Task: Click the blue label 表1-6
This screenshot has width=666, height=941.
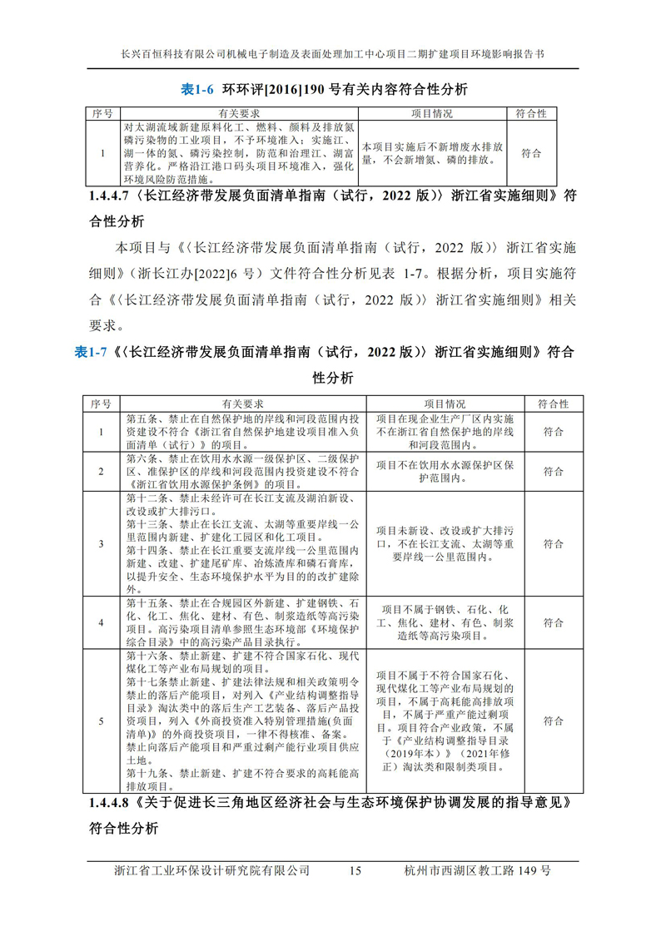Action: point(199,89)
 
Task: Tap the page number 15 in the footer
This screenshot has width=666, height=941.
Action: point(355,871)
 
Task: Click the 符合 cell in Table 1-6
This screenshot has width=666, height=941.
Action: point(530,153)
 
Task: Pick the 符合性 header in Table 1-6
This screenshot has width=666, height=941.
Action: point(530,113)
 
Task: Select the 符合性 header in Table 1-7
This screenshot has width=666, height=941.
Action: point(553,404)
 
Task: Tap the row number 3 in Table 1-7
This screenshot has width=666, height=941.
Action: point(101,543)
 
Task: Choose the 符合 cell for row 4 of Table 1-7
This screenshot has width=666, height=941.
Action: point(553,622)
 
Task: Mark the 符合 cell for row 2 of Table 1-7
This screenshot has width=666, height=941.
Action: point(553,471)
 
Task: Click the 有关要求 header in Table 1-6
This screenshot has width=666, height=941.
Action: point(241,113)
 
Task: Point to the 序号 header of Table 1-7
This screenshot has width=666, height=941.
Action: point(101,404)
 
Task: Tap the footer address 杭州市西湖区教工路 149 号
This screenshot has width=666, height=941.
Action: point(475,871)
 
